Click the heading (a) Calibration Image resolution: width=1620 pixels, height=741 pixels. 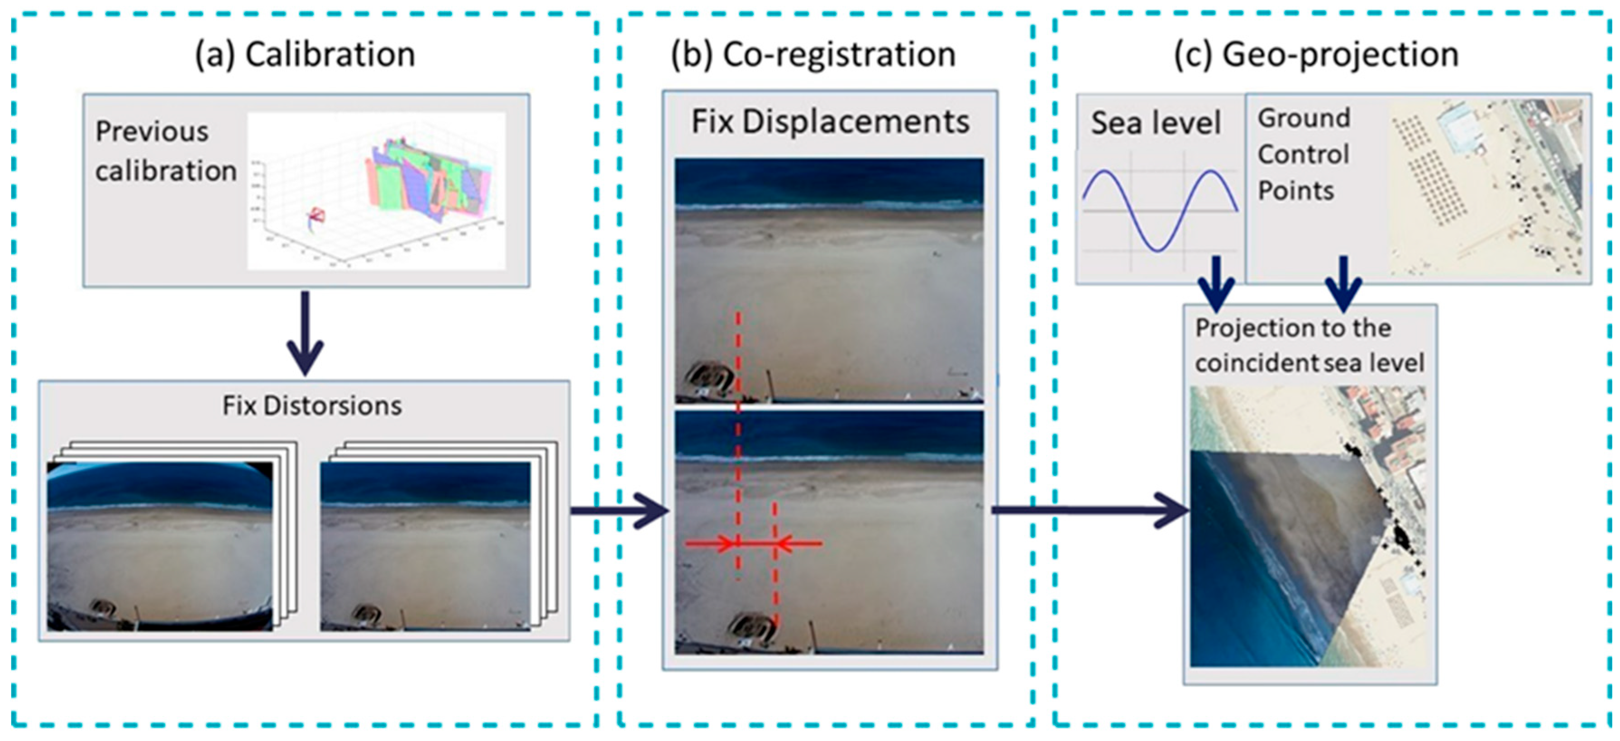pyautogui.click(x=305, y=54)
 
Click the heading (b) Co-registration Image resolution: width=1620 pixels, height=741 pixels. pyautogui.click(x=813, y=54)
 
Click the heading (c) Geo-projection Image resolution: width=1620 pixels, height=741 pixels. pyautogui.click(x=1316, y=54)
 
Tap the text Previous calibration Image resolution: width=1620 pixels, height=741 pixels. pyautogui.click(x=165, y=151)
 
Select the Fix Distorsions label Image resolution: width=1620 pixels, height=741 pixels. pyautogui.click(x=311, y=406)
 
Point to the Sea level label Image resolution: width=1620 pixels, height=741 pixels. pyautogui.click(x=1156, y=123)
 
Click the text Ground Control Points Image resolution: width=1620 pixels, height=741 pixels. pyautogui.click(x=1304, y=154)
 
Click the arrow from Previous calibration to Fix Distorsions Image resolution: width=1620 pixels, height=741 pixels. pyautogui.click(x=305, y=334)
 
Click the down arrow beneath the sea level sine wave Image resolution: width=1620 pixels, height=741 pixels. pyautogui.click(x=1217, y=283)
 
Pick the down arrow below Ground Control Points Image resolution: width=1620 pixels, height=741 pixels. pyautogui.click(x=1343, y=283)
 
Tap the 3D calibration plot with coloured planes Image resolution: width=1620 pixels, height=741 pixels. pyautogui.click(x=376, y=191)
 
